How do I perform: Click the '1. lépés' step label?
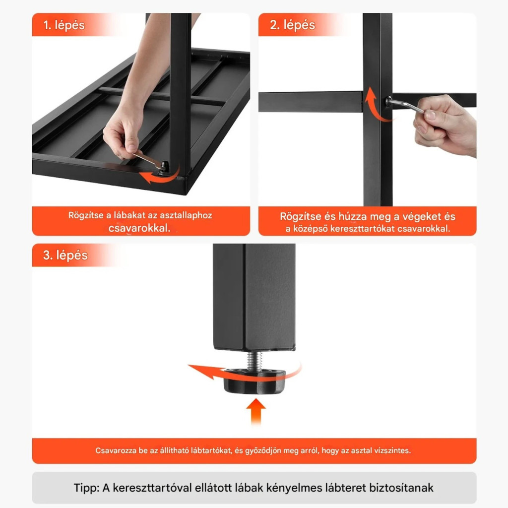(64, 25)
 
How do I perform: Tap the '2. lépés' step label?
(292, 25)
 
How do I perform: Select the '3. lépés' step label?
(65, 255)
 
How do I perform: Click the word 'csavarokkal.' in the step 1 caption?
(139, 228)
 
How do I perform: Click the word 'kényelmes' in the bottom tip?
(293, 488)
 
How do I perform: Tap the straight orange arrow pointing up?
(256, 411)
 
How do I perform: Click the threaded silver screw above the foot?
(254, 361)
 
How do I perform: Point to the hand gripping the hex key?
(445, 125)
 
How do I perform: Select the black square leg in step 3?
(254, 297)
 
